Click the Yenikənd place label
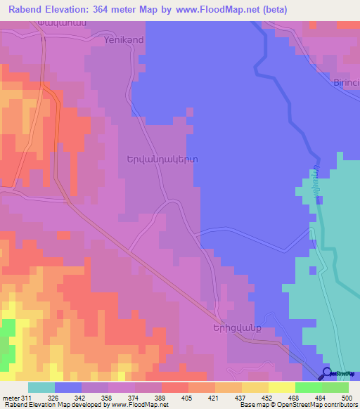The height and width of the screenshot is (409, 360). click(123, 40)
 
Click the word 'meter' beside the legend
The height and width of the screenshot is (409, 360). click(11, 398)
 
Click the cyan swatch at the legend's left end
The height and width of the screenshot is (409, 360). click(41, 387)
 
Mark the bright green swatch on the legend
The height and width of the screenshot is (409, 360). click(308, 387)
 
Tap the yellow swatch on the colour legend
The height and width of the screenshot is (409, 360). click(281, 387)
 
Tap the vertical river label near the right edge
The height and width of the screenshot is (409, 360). click(309, 185)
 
